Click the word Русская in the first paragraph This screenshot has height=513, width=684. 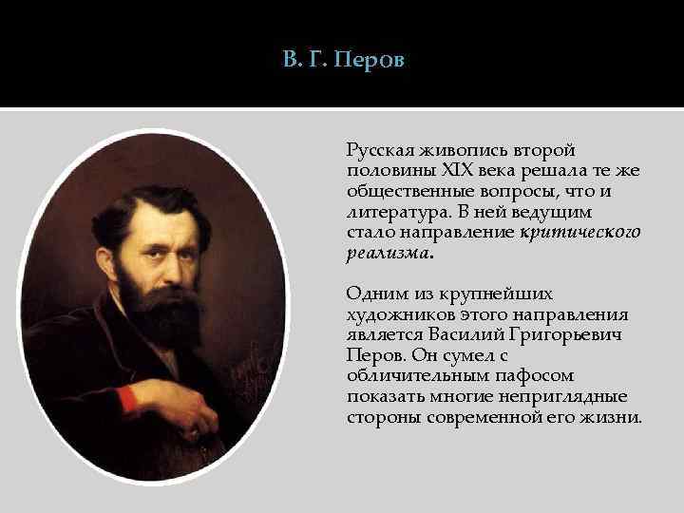378,150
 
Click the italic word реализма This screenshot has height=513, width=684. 388,253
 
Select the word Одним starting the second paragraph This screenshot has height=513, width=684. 373,294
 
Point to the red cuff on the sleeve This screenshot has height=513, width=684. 128,397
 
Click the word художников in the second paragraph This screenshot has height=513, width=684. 390,314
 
